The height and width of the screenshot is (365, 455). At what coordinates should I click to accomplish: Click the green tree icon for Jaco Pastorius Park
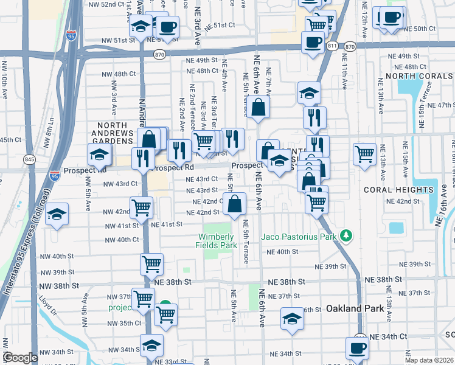[346, 235]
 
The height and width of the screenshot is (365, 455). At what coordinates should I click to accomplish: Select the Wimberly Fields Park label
[215, 241]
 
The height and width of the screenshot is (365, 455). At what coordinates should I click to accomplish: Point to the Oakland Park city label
[355, 308]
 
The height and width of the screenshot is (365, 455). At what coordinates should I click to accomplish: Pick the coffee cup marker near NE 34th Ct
[357, 347]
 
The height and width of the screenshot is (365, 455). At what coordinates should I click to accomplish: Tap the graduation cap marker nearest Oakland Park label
[292, 318]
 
